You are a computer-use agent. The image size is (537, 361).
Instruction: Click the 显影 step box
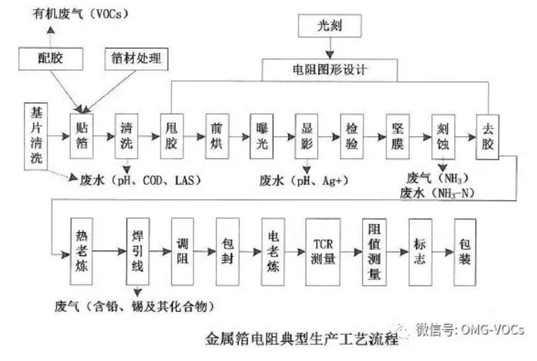306,136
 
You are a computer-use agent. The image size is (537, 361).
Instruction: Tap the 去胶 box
487,136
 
